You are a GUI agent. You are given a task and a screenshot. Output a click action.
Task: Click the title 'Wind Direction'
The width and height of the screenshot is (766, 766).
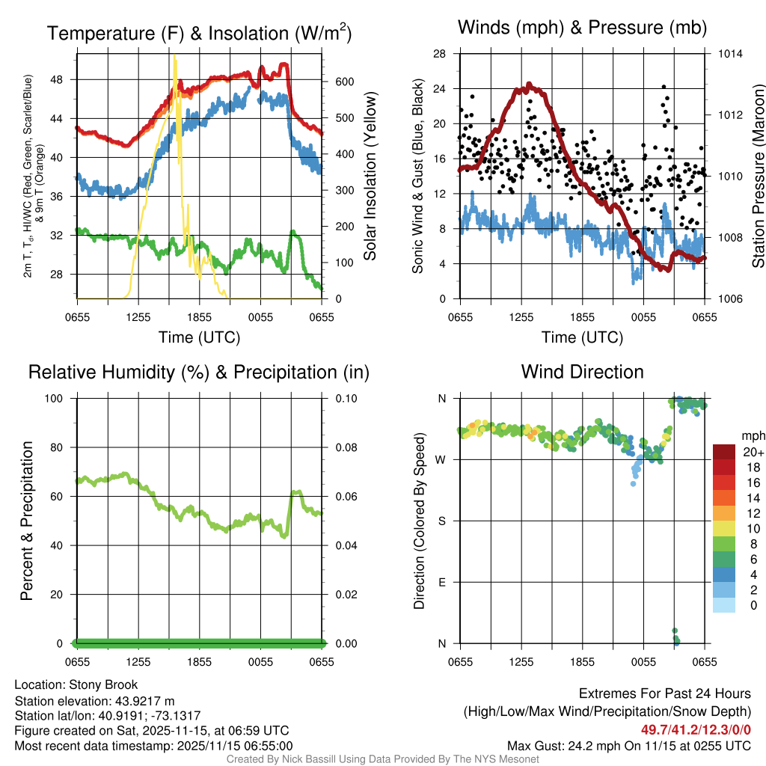[582, 372]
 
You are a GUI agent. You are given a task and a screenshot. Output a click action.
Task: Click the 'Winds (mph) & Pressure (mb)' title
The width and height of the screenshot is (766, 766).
[582, 28]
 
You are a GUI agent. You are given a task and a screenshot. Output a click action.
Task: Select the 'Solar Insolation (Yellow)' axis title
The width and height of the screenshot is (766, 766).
[370, 177]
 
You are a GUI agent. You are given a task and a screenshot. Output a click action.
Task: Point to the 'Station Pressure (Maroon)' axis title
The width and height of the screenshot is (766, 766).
[758, 177]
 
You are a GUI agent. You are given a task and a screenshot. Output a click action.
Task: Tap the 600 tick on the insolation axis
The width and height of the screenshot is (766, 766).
[337, 82]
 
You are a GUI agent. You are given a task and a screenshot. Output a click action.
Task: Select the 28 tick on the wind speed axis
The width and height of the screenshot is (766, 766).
[440, 54]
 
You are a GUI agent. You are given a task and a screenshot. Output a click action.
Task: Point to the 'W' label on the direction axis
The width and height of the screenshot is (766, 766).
[441, 459]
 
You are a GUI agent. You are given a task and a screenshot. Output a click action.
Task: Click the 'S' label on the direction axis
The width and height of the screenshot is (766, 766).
[442, 521]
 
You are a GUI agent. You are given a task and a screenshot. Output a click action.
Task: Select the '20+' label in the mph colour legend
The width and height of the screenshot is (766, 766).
[753, 453]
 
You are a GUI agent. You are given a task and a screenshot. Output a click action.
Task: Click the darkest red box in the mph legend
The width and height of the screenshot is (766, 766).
[724, 452]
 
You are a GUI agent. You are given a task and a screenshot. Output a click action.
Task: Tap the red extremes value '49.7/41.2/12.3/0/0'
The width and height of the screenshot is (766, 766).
[696, 729]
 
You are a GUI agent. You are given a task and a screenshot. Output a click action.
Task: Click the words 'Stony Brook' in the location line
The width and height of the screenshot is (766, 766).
[103, 684]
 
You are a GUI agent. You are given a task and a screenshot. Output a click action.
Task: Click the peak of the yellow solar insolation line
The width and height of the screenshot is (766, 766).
[174, 55]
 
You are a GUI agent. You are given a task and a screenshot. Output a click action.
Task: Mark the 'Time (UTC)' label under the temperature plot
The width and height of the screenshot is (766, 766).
[200, 337]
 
